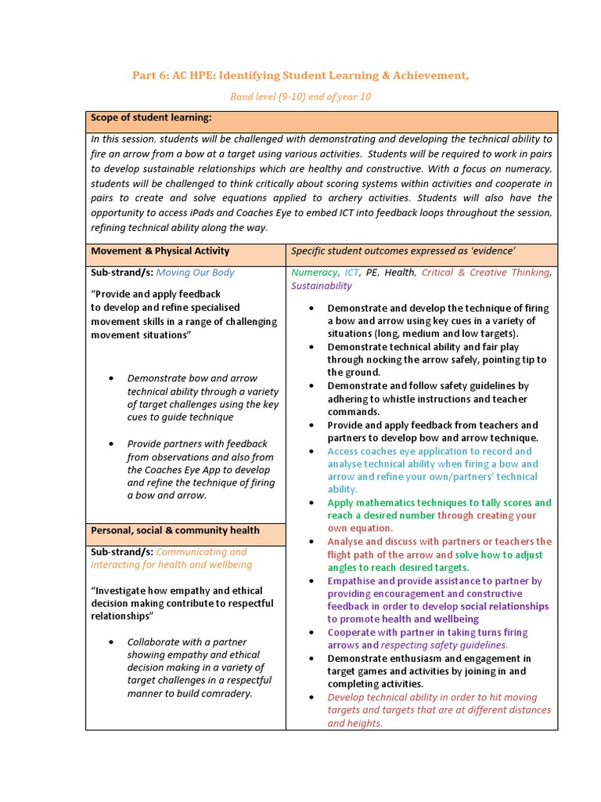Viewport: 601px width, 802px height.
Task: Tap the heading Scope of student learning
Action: coord(151,117)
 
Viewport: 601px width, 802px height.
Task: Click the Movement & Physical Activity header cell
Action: coord(160,251)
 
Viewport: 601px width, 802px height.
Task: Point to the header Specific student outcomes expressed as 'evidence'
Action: coord(403,251)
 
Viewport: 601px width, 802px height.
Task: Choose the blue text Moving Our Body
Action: coord(195,273)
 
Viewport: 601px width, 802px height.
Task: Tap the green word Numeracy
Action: coord(314,273)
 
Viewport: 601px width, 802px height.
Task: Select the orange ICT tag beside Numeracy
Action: coord(351,273)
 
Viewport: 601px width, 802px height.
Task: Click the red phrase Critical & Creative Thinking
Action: coord(485,273)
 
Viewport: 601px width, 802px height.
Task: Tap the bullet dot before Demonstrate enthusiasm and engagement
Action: coord(312,659)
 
